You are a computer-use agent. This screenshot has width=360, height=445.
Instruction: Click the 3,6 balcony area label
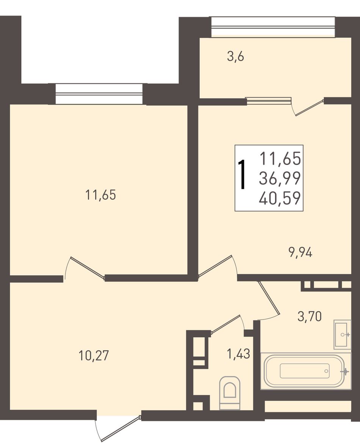pos(235,57)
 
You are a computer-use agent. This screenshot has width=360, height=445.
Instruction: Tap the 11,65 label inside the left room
pos(101,195)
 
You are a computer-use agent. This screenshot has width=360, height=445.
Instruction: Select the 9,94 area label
pos(301,252)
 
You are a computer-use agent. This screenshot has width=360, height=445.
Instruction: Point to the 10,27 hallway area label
pos(94,356)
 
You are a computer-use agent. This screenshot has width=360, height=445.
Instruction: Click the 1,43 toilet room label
pos(238,354)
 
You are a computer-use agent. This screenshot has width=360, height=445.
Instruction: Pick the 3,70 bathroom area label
pos(310,316)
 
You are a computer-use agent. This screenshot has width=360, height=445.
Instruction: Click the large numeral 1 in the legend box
pos(242,174)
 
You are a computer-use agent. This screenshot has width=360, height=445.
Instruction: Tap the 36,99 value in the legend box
pos(280,178)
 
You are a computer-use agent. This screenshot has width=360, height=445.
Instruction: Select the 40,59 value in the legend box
pos(280,198)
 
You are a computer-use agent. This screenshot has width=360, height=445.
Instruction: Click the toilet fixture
pos(230,393)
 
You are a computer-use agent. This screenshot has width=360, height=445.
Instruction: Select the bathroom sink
pos(343,334)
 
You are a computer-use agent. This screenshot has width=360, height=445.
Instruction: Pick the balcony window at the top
pos(273,27)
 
